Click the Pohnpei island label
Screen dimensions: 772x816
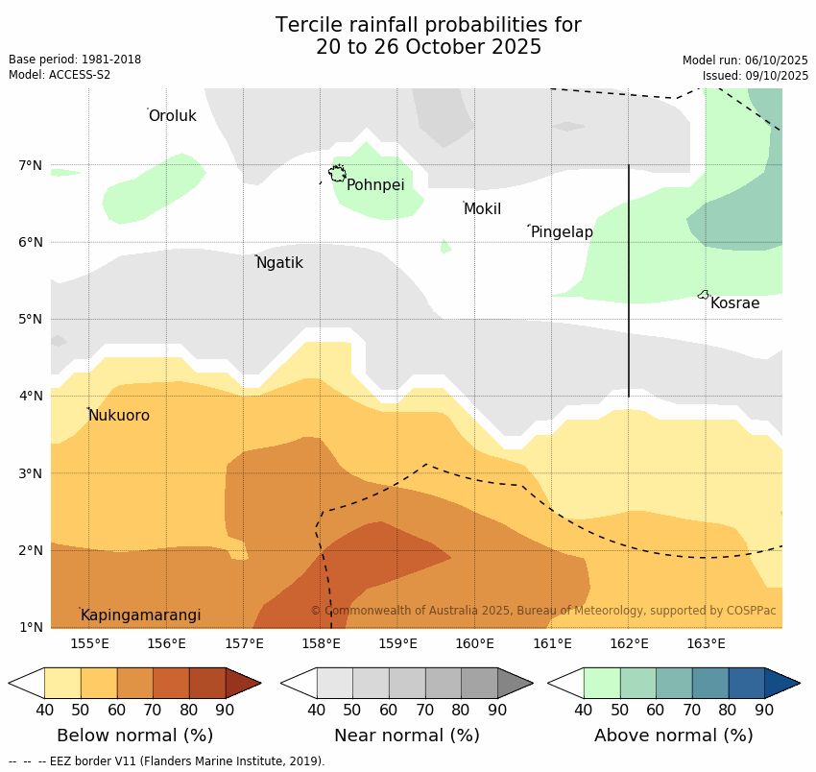[x=375, y=185]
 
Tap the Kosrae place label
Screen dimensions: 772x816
[x=734, y=303]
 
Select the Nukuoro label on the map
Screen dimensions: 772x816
[x=119, y=416]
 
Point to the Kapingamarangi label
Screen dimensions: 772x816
[x=140, y=615]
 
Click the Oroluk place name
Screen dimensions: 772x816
[x=172, y=116]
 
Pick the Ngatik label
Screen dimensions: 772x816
[x=279, y=263]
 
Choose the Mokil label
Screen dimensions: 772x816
[x=482, y=209]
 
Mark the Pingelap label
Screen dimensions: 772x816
[x=562, y=232]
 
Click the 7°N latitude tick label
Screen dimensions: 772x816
[x=31, y=165]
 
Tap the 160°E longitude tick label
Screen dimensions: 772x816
[x=474, y=643]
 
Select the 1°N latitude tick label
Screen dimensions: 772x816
[x=31, y=628]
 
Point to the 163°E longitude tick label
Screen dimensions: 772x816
[x=706, y=643]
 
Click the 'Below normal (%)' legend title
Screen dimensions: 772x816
[x=135, y=736]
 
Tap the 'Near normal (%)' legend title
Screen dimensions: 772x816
[x=407, y=736]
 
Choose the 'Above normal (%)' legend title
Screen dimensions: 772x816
[x=674, y=736]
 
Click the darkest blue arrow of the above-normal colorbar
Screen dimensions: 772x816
[x=781, y=684]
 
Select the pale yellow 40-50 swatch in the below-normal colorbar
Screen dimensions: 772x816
[x=62, y=684]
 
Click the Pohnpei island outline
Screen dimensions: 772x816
[x=337, y=174]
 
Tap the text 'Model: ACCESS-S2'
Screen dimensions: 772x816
[x=60, y=75]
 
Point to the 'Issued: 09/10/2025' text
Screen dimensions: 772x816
[x=756, y=75]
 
